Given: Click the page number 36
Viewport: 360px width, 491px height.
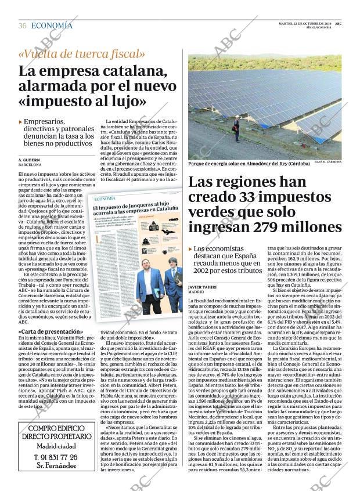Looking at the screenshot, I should click(x=22, y=26).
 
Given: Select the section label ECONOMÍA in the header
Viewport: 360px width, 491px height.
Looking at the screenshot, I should click(x=52, y=26).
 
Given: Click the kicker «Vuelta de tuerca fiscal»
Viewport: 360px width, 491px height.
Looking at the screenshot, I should click(x=82, y=54).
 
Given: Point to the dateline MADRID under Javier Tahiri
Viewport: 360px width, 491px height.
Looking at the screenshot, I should click(x=196, y=292).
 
